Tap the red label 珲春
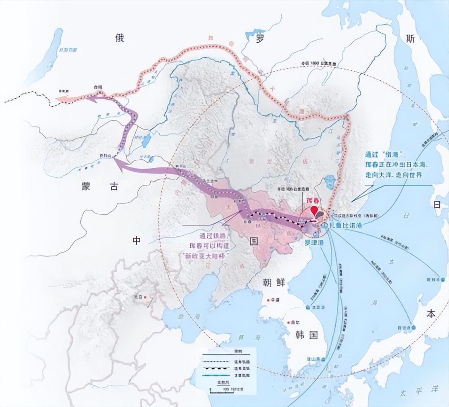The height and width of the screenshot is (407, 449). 313,200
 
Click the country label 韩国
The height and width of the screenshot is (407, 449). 304,334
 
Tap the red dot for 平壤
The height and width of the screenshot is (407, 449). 268,300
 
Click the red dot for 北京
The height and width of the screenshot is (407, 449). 145,297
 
